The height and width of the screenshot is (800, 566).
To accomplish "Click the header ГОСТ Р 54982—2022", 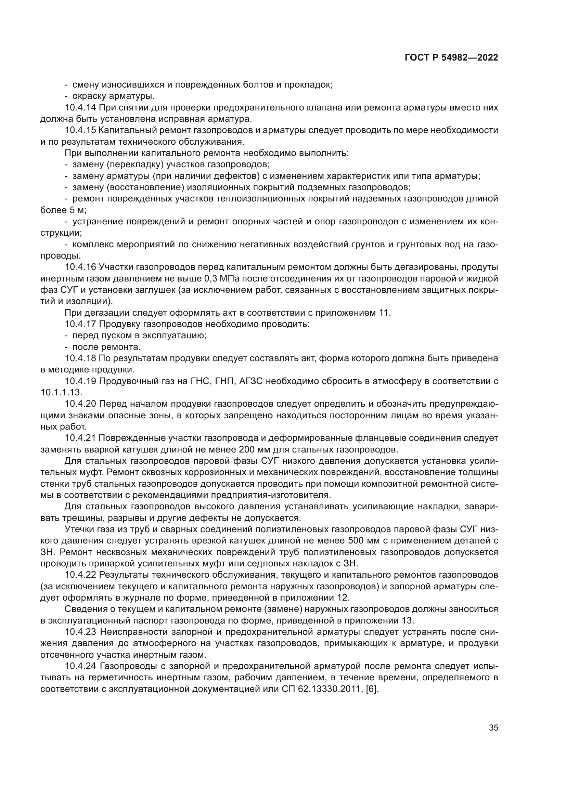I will click(451, 58).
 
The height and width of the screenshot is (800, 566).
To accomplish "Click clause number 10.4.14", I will click(80, 108).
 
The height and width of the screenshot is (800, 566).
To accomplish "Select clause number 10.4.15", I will click(80, 130).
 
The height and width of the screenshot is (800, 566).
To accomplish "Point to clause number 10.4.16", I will click(80, 267).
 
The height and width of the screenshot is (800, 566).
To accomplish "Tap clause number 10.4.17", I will click(80, 324).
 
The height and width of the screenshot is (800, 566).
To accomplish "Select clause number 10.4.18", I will click(80, 358).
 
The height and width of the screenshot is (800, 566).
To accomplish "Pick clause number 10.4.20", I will click(80, 404).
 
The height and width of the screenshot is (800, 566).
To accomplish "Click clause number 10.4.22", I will click(80, 575).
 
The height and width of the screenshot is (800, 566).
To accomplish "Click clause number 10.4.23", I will click(80, 632).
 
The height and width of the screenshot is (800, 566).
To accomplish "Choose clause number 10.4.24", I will click(80, 666).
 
